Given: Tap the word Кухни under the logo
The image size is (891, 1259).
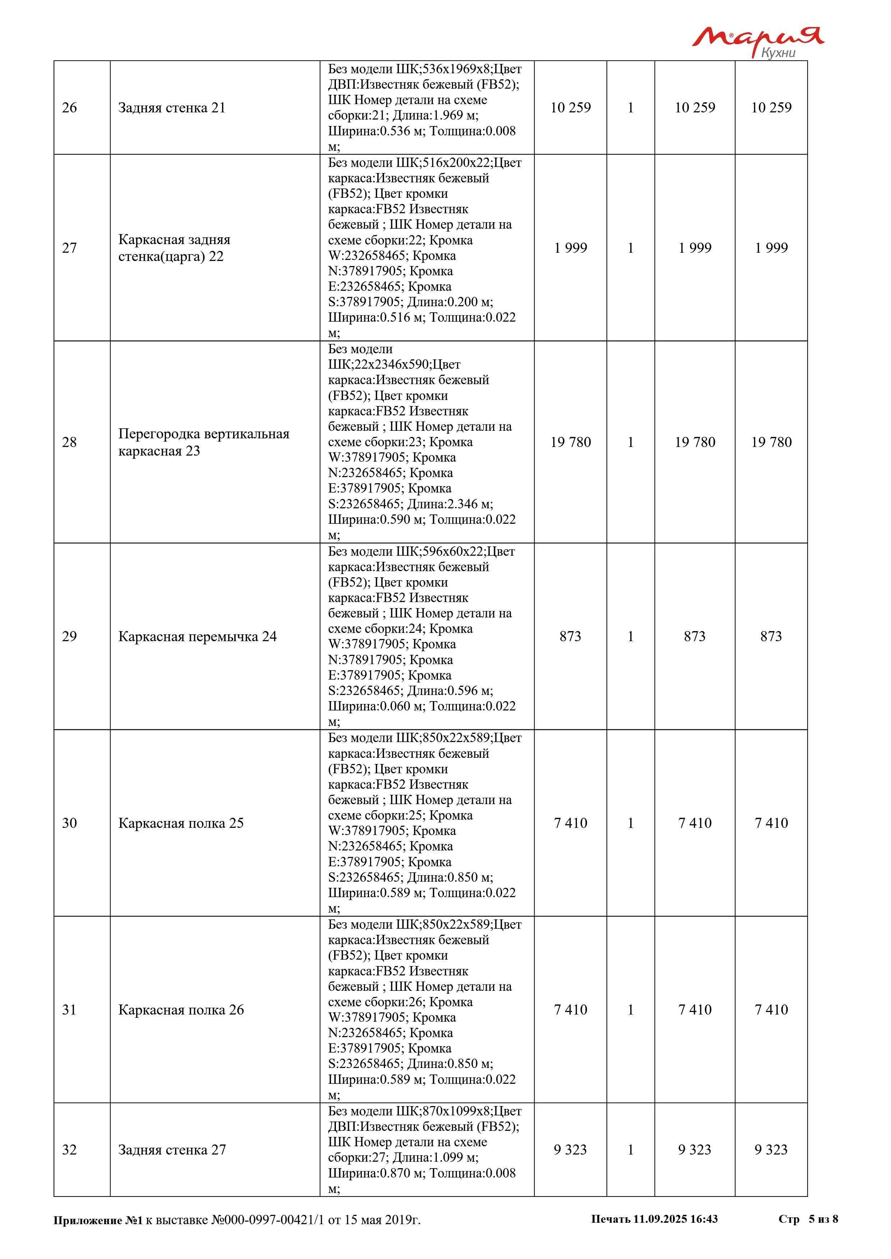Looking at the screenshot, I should [x=778, y=53].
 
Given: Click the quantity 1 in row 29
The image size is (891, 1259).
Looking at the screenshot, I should [x=631, y=636].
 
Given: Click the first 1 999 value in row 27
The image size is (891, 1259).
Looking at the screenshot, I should [x=571, y=248].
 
